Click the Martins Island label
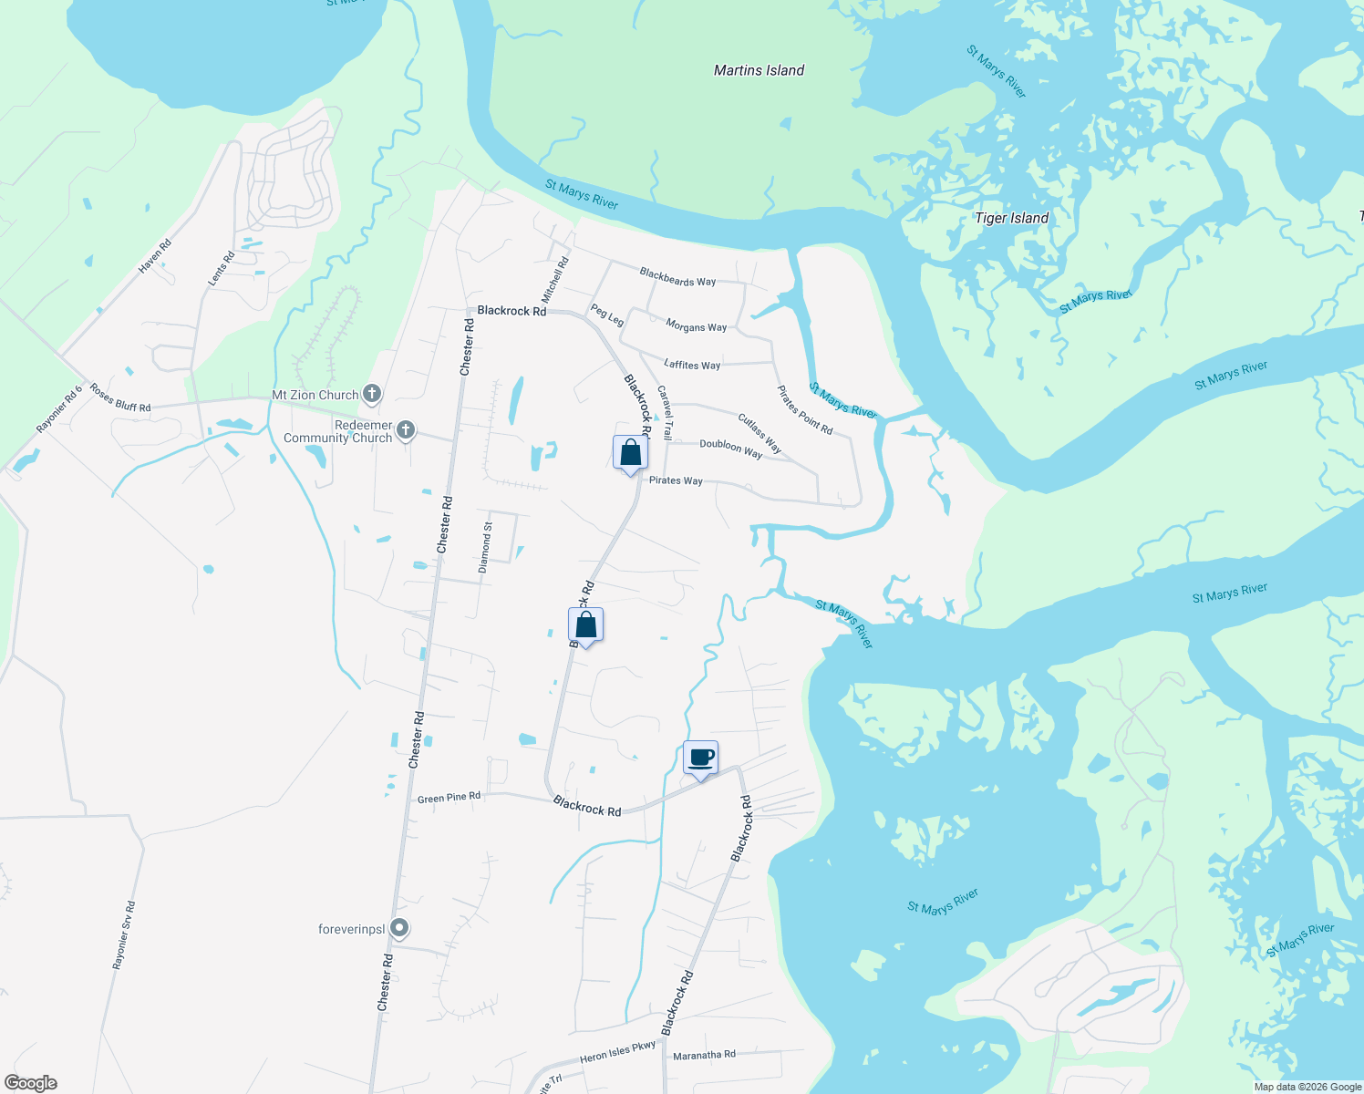(x=759, y=70)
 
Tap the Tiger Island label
(x=1011, y=218)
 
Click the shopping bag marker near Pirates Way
(x=630, y=453)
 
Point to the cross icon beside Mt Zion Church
(x=371, y=394)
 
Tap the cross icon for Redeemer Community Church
(x=407, y=430)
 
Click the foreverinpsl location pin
(x=399, y=928)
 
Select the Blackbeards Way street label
(x=677, y=277)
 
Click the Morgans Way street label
(x=696, y=326)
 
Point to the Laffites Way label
(x=692, y=365)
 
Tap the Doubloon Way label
(x=730, y=448)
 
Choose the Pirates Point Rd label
(x=804, y=410)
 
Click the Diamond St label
(x=486, y=547)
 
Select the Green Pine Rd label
(x=449, y=798)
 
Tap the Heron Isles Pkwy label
(x=617, y=1052)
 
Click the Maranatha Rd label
(x=704, y=1055)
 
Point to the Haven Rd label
(x=154, y=256)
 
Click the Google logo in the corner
(x=31, y=1083)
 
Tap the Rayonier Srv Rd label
(x=123, y=935)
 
